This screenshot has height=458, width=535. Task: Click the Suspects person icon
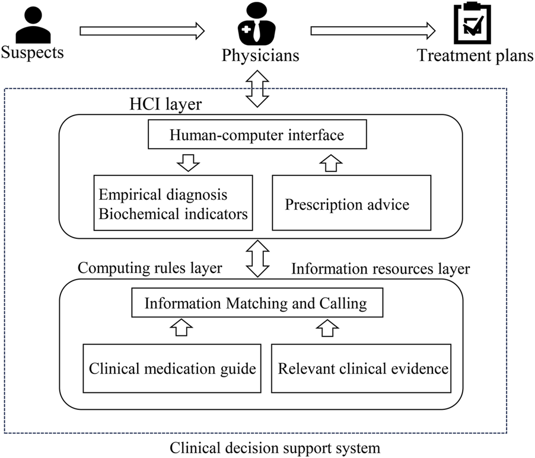[30, 25]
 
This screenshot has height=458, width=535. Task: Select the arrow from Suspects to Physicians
[142, 31]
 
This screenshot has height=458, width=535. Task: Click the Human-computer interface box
[256, 136]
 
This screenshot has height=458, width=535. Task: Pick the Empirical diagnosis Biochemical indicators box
[173, 203]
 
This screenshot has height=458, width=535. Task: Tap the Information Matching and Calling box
[256, 304]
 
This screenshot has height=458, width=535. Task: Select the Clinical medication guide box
[172, 368]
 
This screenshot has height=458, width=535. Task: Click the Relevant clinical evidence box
[363, 368]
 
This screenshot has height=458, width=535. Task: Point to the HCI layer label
[165, 105]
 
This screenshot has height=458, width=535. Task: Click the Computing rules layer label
[150, 268]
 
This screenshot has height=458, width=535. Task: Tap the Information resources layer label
[380, 268]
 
